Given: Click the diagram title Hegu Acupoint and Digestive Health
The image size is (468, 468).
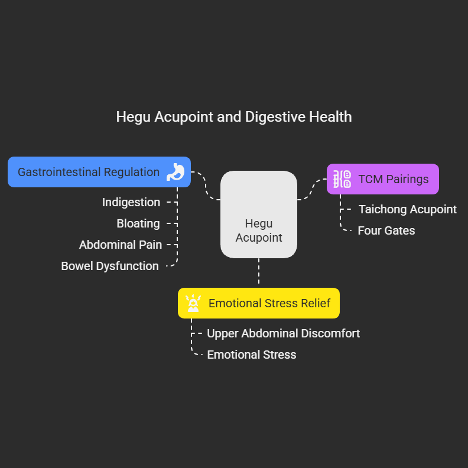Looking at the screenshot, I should point(234,116).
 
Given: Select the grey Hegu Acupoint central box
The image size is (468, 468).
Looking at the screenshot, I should point(259,214).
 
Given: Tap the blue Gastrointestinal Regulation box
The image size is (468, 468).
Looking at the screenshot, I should point(89,172).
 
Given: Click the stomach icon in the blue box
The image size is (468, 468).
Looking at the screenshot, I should point(176,172).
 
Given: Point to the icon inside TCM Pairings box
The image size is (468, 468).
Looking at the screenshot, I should point(342,179).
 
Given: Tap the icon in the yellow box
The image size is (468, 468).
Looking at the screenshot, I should point(193,303).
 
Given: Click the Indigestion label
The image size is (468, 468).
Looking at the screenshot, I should point(131,202).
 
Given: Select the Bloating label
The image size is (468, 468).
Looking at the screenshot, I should point(138,223).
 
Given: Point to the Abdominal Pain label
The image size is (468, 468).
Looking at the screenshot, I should point(121,245).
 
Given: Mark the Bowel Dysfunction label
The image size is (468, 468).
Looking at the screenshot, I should point(110,266).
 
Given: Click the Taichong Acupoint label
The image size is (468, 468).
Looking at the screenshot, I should point(408,209).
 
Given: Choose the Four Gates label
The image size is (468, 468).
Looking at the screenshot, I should point(386,230).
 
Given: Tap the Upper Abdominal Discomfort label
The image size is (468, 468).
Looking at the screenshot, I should point(283,333).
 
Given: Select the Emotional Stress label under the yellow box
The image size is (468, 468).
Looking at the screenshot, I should point(252,355).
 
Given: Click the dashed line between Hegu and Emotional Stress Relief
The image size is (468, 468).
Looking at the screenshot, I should point(259,273).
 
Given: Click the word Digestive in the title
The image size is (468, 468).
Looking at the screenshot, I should point(277,116).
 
